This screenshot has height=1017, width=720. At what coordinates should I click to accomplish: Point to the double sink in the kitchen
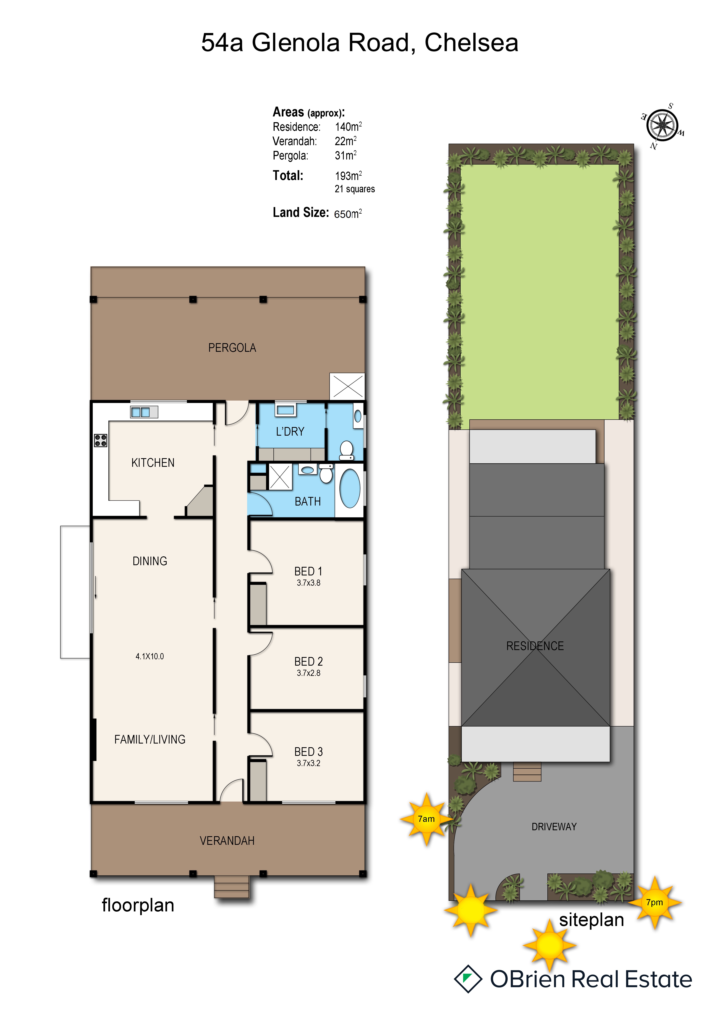click(x=144, y=412)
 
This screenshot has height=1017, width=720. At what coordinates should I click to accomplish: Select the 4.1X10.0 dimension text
click(x=150, y=656)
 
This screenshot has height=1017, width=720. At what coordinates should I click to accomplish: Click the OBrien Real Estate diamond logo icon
click(x=468, y=979)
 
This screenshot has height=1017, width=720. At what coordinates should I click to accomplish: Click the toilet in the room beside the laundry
click(x=346, y=450)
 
